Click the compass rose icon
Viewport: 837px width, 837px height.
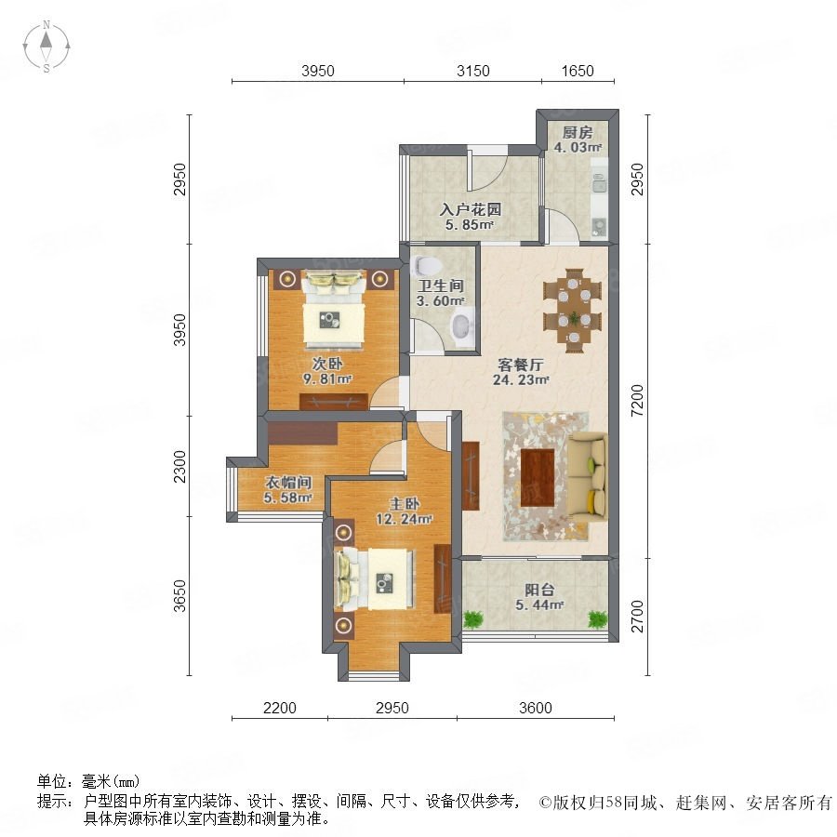46,46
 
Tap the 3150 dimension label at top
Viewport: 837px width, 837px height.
473,71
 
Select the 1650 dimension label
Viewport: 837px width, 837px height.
578,71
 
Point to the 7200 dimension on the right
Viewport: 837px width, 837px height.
637,401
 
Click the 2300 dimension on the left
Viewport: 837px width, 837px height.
179,466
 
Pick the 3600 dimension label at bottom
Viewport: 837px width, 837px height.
536,708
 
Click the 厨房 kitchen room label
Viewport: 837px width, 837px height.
578,132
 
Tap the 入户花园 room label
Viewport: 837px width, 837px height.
471,209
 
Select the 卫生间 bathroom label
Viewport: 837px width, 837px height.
441,286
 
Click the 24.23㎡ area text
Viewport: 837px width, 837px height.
521,379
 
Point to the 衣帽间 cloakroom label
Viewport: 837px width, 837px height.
288,483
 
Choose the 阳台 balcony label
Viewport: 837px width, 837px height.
539,590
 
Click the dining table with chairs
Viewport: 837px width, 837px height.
573,311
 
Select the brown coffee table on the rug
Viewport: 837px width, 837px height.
538,477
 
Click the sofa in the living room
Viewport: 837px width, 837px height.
587,476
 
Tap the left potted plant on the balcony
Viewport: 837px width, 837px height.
473,619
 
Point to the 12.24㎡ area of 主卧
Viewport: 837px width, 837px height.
405,519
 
